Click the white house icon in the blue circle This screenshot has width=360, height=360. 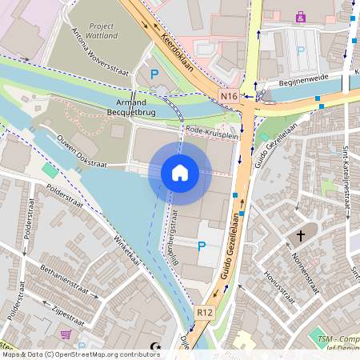pyautogui.click(x=180, y=173)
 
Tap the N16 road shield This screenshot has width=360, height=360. pyautogui.click(x=229, y=97)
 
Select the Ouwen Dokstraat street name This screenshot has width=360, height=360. pyautogui.click(x=83, y=153)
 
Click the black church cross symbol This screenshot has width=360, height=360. pyautogui.click(x=302, y=236)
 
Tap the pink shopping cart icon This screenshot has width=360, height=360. pyautogui.click(x=65, y=334)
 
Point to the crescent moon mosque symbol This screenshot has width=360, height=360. pyautogui.click(x=154, y=347)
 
